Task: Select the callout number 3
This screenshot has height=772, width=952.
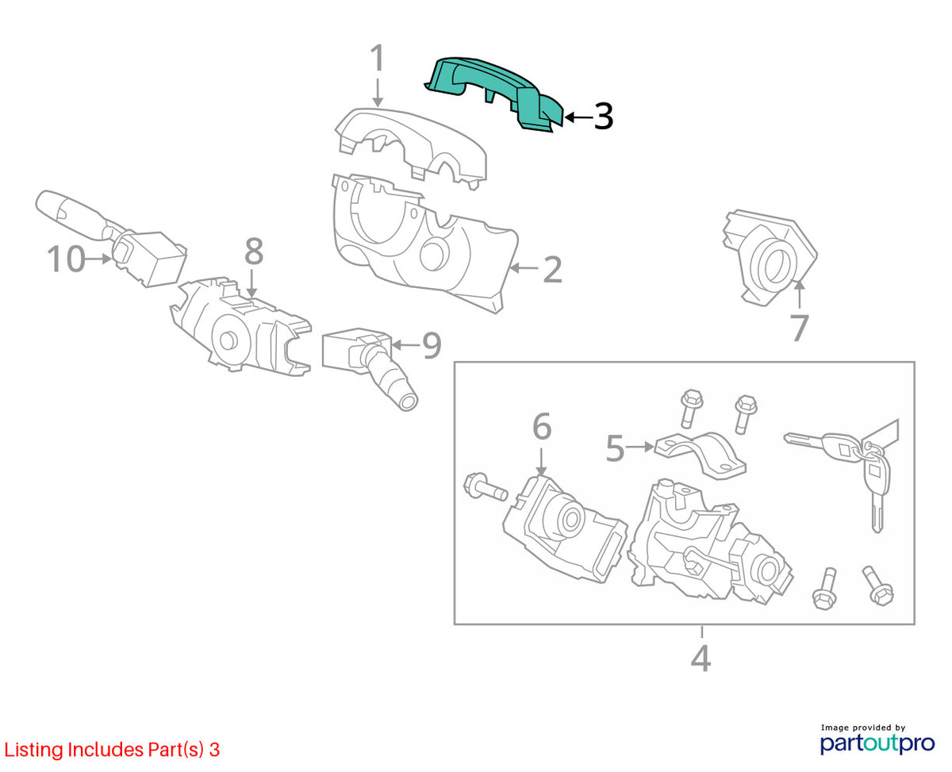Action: click(603, 116)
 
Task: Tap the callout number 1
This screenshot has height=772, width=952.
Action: click(378, 58)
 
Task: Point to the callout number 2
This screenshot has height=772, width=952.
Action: click(552, 270)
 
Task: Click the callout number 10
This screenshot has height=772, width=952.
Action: click(66, 259)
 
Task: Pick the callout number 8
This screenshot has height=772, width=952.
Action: click(253, 252)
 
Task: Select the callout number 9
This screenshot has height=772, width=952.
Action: click(432, 345)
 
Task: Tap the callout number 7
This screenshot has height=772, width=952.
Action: click(799, 328)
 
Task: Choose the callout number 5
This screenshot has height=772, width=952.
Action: click(615, 449)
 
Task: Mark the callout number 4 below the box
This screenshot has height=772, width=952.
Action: click(701, 659)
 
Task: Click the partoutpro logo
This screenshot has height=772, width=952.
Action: click(877, 743)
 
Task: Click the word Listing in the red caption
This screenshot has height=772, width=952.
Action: click(34, 750)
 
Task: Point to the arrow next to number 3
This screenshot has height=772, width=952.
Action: click(578, 117)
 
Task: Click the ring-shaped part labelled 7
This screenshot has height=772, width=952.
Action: click(770, 258)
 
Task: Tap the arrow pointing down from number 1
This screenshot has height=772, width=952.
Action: click(378, 93)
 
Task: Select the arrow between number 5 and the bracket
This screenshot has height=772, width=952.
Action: click(639, 447)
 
